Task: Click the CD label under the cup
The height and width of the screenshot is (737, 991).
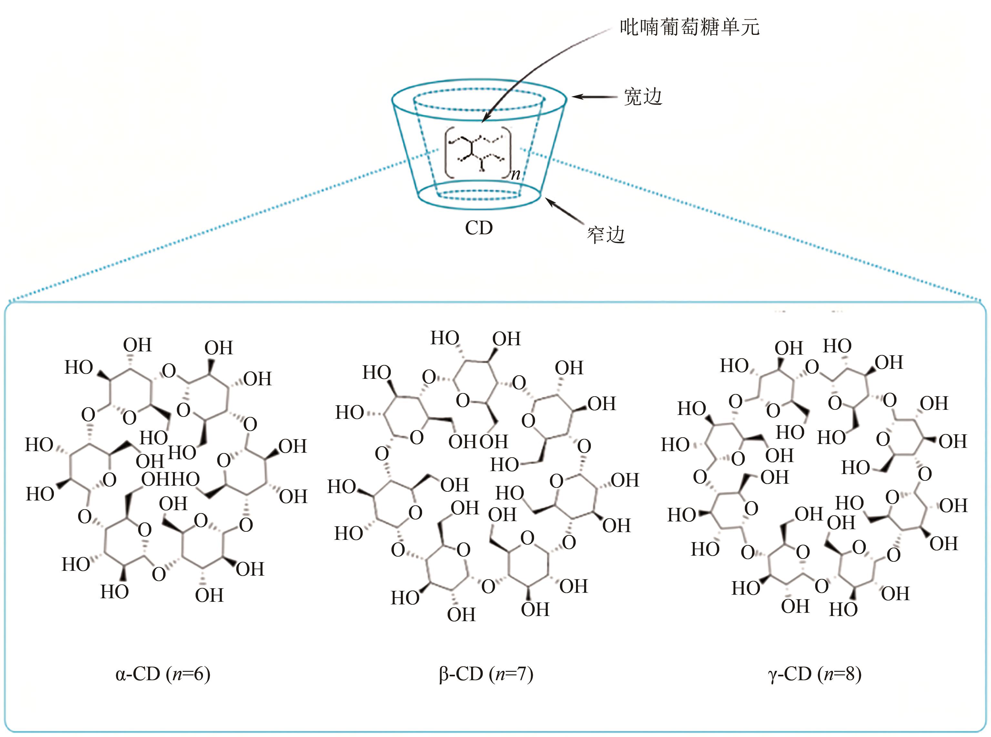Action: pos(479,228)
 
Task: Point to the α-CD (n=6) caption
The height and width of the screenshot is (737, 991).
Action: pos(163,674)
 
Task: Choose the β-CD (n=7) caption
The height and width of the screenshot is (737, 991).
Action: pos(486,674)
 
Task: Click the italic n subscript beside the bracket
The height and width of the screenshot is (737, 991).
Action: pos(515,174)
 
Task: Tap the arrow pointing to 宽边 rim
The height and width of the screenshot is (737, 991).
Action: pos(593,97)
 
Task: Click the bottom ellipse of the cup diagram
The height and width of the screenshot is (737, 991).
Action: pos(479,196)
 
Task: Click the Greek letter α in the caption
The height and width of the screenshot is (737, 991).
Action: pos(120,674)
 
